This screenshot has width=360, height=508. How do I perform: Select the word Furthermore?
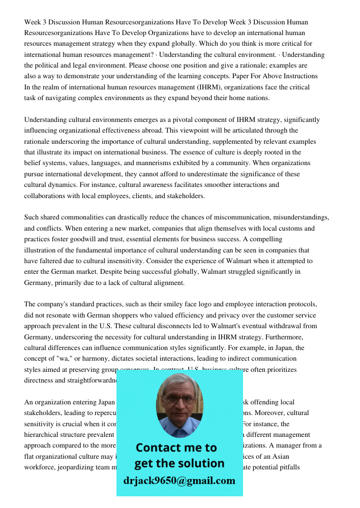point(305,337)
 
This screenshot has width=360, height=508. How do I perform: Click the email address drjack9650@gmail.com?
point(179,481)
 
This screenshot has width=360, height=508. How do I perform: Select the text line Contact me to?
point(176,448)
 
